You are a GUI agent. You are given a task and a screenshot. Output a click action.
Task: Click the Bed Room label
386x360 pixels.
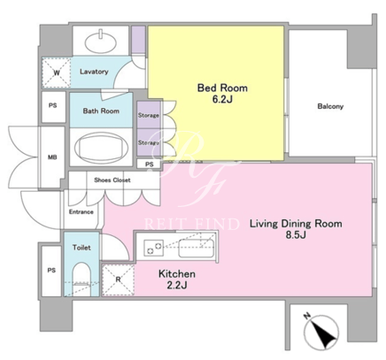pyautogui.click(x=222, y=88)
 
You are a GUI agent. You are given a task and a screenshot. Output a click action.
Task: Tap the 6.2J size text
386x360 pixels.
pyautogui.click(x=222, y=100)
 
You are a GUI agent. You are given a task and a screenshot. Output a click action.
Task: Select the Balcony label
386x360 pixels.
pyautogui.click(x=330, y=106)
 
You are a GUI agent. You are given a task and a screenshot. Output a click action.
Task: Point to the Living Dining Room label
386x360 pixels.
pyautogui.click(x=296, y=224)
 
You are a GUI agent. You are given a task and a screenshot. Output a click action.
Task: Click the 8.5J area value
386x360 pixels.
pyautogui.click(x=296, y=235)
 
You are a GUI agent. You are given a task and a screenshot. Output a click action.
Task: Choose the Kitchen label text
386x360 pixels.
pyautogui.click(x=177, y=273)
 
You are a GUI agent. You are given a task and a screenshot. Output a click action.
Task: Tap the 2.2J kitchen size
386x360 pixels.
pyautogui.click(x=177, y=285)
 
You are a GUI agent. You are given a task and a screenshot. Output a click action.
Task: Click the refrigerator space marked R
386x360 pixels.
pyautogui.click(x=118, y=280)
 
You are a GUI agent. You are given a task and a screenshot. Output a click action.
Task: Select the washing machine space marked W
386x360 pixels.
pyautogui.click(x=57, y=73)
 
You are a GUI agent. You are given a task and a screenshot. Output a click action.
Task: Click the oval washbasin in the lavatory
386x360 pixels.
pyautogui.click(x=100, y=42)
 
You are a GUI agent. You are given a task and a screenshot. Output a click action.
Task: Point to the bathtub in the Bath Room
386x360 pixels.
pyautogui.click(x=101, y=148)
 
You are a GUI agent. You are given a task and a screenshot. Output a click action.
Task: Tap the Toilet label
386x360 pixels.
pyautogui.click(x=81, y=248)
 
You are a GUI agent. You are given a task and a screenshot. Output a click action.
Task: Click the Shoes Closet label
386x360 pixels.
pyautogui.click(x=112, y=180)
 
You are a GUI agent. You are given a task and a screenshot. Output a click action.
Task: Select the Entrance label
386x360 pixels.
pyautogui.click(x=81, y=211)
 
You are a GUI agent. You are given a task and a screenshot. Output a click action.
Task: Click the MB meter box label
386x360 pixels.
pyautogui.click(x=52, y=157)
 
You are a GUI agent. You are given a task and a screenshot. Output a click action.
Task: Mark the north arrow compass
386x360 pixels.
pyautogui.click(x=321, y=332)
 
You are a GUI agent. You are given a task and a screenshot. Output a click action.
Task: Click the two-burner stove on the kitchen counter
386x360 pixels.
pyautogui.click(x=154, y=248)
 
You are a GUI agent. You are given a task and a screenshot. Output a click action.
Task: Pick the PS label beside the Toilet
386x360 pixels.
pyautogui.click(x=51, y=270)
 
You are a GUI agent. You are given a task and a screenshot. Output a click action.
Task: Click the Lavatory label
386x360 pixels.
pyautogui.click(x=94, y=72)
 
